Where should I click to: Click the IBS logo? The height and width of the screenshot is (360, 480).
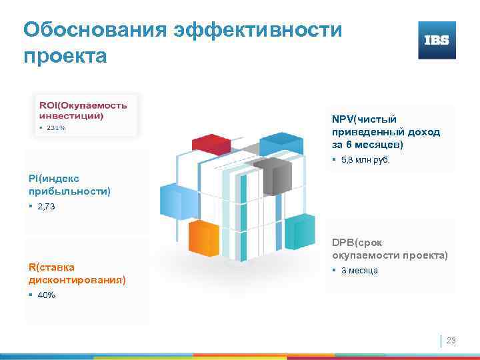tap(437, 40)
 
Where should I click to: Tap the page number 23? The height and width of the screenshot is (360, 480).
tap(451, 341)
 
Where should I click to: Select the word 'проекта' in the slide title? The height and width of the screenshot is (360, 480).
tap(65, 56)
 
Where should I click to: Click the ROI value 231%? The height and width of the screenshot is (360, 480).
tap(55, 127)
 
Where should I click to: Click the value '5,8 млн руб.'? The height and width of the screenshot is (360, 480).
tap(365, 161)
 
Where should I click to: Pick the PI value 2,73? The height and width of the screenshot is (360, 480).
tap(47, 207)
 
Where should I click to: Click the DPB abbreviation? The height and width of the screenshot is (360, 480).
tap(343, 243)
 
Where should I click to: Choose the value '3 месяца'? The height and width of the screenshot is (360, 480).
tap(359, 271)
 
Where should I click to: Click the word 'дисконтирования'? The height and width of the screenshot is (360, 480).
tap(77, 280)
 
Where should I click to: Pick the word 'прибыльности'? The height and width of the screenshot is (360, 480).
tap(69, 191)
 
